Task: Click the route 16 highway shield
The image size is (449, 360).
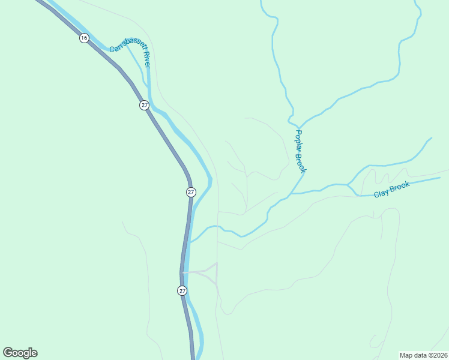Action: pyautogui.click(x=83, y=38)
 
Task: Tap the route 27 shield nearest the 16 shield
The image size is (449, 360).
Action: pyautogui.click(x=144, y=105)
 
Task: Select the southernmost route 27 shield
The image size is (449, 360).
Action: pyautogui.click(x=182, y=290)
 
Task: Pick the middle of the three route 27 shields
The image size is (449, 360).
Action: pyautogui.click(x=190, y=192)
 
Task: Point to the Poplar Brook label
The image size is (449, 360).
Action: pyautogui.click(x=300, y=151)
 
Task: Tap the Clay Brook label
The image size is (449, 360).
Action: pyautogui.click(x=391, y=190)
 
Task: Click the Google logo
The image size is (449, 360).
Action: pyautogui.click(x=20, y=353)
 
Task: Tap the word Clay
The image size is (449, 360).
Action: pyautogui.click(x=381, y=193)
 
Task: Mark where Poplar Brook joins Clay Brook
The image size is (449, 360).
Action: pyautogui.click(x=292, y=194)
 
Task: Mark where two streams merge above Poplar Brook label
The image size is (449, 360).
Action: pyautogui.click(x=296, y=118)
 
